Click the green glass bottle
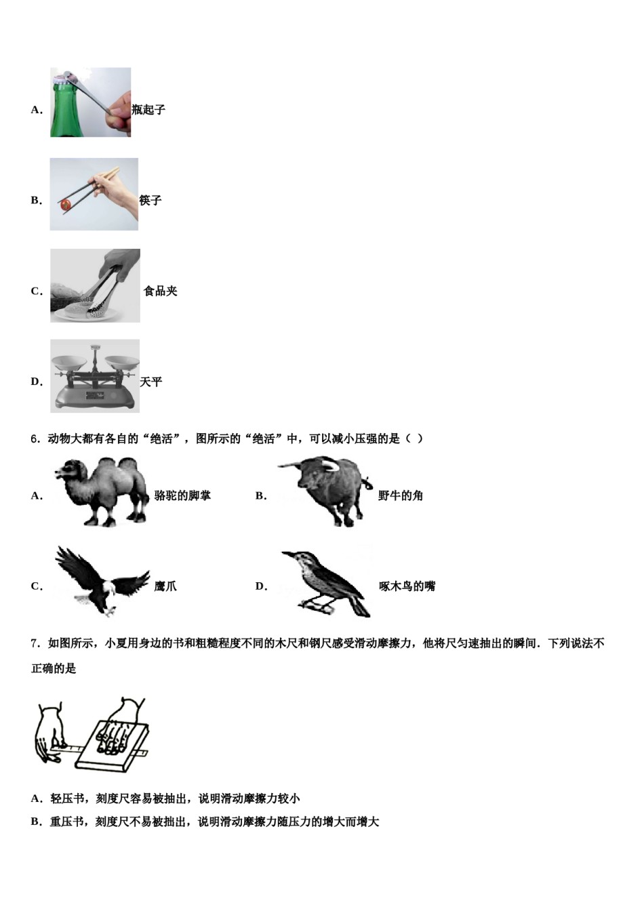pyautogui.click(x=64, y=112)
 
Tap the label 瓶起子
pyautogui.click(x=148, y=110)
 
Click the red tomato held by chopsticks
pyautogui.click(x=66, y=204)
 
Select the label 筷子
pyautogui.click(x=150, y=201)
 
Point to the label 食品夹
pyautogui.click(x=161, y=291)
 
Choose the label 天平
pyautogui.click(x=151, y=382)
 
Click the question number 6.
pyautogui.click(x=35, y=439)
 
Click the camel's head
pyautogui.click(x=67, y=470)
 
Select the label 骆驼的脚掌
pyautogui.click(x=182, y=496)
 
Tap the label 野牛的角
pyautogui.click(x=401, y=496)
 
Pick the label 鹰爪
pyautogui.click(x=165, y=586)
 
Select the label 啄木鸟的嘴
pyautogui.click(x=407, y=586)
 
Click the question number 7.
pyautogui.click(x=35, y=643)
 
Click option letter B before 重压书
pyautogui.click(x=36, y=822)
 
